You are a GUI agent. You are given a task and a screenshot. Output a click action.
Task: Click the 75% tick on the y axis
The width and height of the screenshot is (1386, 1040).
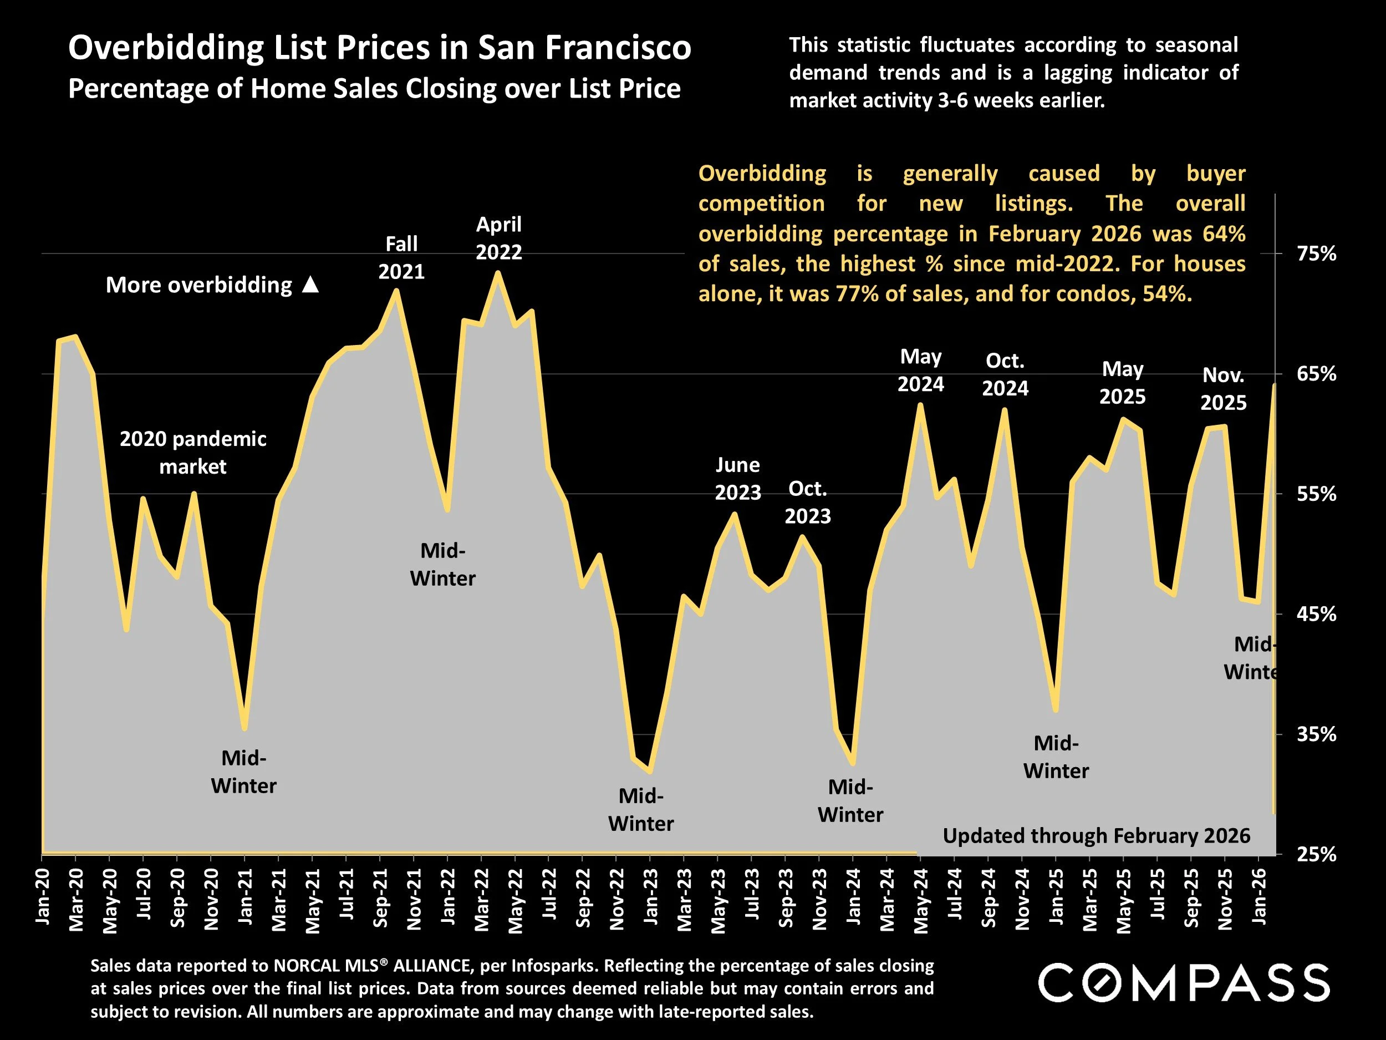click(1316, 254)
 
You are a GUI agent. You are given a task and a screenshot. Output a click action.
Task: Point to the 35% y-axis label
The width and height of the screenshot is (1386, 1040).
click(1316, 734)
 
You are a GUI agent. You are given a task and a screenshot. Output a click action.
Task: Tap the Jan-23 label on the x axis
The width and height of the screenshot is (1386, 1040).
click(650, 896)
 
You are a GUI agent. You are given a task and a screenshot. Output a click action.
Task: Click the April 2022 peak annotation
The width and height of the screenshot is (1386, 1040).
click(498, 238)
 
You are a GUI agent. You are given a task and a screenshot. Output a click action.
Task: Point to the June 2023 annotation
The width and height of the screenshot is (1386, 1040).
click(737, 479)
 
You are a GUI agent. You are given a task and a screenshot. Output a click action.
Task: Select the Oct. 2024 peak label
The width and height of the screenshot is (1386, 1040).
click(1005, 374)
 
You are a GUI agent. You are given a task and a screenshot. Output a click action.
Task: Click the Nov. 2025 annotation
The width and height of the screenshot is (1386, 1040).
click(1223, 389)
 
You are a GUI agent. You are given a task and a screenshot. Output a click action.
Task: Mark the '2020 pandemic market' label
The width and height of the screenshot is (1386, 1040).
click(193, 452)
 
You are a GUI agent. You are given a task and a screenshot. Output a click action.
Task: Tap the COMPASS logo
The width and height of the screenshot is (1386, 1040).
click(1184, 983)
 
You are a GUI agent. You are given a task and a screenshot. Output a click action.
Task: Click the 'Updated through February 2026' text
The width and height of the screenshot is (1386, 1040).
click(1096, 836)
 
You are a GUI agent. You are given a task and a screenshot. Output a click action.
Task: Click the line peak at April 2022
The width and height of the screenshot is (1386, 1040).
click(497, 273)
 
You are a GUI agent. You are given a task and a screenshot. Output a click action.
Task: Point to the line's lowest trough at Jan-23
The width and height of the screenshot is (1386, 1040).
click(650, 770)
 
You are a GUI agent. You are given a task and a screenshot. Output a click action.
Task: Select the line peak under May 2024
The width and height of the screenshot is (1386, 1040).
click(920, 405)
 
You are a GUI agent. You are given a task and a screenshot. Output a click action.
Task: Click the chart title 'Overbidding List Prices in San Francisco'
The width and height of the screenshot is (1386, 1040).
click(379, 48)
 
